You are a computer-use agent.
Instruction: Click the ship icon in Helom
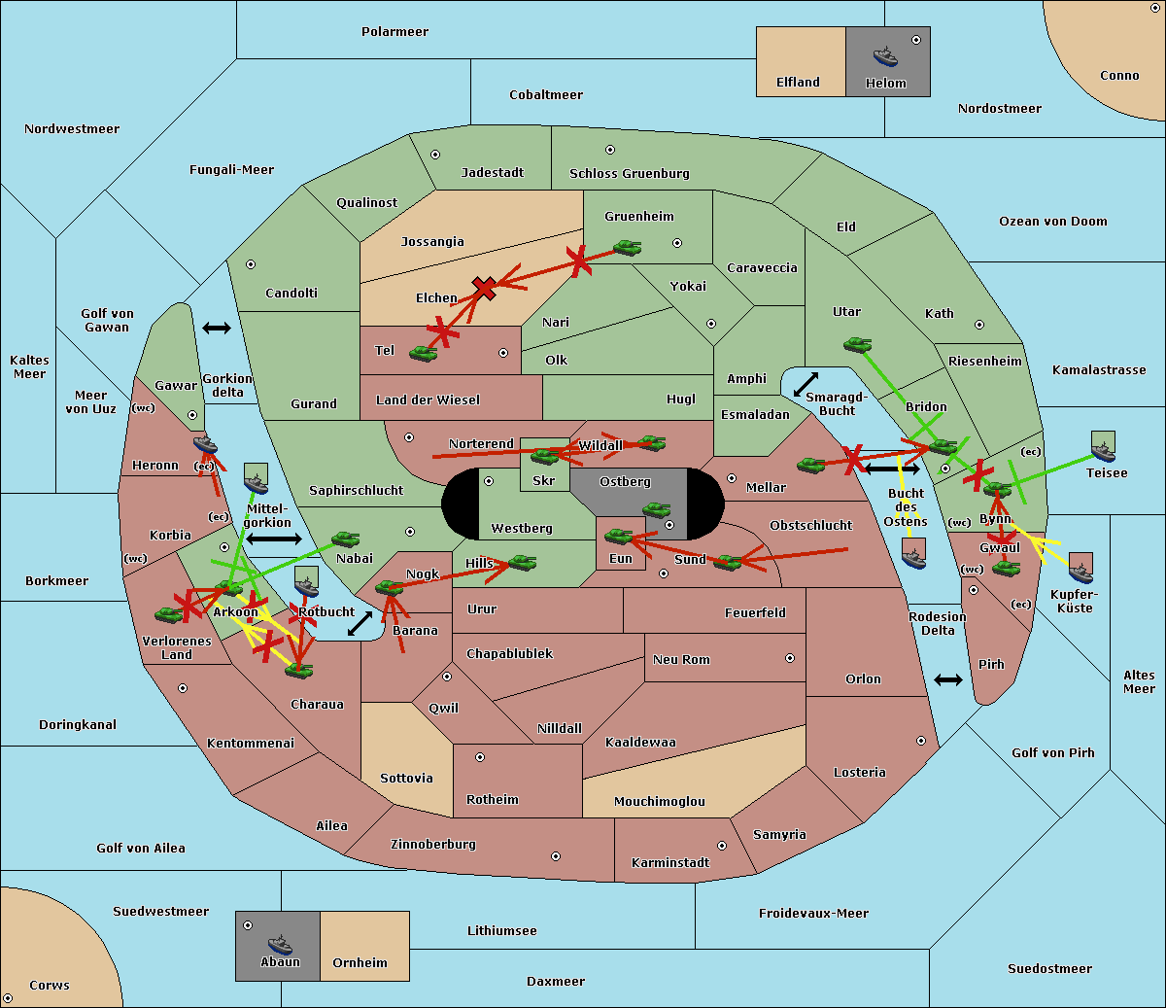(885, 56)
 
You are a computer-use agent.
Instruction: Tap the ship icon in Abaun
(280, 944)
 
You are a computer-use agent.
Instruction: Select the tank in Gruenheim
(628, 247)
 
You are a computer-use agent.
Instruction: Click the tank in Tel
(423, 353)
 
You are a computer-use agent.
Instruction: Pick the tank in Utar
(857, 344)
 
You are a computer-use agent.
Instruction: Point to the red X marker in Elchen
(485, 289)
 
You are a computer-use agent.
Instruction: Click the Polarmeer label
(394, 32)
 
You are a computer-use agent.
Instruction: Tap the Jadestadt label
(493, 172)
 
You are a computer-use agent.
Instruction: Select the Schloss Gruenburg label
(630, 173)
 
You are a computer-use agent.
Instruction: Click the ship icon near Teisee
(1104, 452)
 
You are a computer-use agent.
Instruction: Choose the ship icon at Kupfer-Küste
(1080, 573)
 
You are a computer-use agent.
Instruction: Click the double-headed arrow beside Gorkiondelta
(217, 328)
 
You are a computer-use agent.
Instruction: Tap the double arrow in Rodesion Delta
(948, 680)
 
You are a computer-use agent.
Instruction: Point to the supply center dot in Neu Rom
(790, 658)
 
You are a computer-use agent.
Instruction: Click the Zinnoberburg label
(433, 845)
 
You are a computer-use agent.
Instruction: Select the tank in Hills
(523, 562)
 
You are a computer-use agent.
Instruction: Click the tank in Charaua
(298, 671)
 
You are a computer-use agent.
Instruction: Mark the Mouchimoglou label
(660, 801)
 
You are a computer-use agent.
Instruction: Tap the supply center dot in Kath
(979, 325)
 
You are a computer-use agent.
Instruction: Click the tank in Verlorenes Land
(169, 614)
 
